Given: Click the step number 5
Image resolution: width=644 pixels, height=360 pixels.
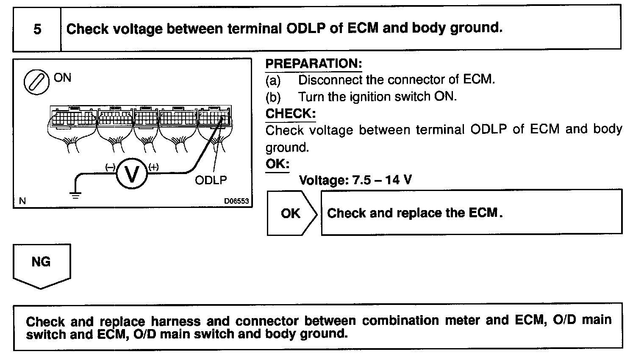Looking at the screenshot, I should coord(37,29).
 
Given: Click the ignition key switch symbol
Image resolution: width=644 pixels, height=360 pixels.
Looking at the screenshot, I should coord(35,82).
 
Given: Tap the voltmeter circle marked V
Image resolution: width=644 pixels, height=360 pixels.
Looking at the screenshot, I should coord(132,174).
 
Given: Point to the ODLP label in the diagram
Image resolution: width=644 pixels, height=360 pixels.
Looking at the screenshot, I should coord(211,180).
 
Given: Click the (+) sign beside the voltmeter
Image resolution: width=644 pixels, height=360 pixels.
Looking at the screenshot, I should coord(153,167).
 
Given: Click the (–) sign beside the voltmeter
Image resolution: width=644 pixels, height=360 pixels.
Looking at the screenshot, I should coord(110,167).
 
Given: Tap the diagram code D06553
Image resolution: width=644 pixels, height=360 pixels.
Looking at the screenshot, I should coord(236,202).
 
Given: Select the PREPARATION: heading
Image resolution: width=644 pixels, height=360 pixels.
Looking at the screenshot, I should coord(314,64).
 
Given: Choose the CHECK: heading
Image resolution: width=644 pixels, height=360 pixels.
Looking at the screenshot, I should coord(290,114).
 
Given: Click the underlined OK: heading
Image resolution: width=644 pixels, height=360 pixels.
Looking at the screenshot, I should coord(277,164).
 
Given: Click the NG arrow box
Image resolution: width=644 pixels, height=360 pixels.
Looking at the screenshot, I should coord(41,263).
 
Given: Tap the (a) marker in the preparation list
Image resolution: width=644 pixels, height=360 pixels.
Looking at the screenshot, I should coord(273,80).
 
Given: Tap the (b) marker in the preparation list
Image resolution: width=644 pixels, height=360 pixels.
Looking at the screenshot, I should coord(273,97).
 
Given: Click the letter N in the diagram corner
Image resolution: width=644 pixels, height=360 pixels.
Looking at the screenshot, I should coord(22,202).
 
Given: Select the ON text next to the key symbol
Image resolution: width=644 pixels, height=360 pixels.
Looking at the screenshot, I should coord(63,78).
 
